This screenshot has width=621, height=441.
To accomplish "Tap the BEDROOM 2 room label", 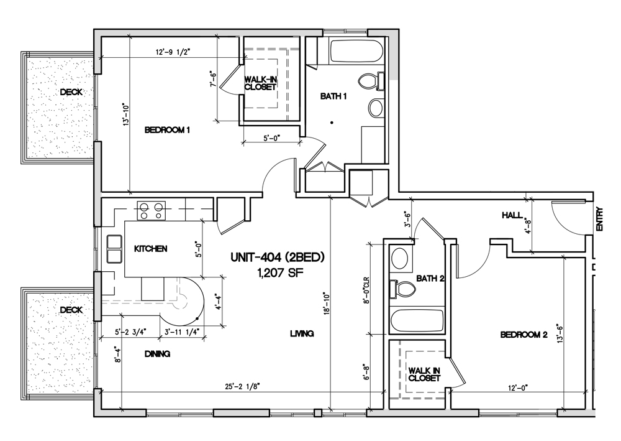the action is (524, 335).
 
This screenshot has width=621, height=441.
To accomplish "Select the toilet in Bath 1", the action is (371, 81).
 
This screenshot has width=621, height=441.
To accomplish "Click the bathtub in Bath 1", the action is (356, 51).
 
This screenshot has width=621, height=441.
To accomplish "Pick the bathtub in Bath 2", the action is (417, 320).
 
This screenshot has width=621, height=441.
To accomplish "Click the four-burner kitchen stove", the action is (152, 210).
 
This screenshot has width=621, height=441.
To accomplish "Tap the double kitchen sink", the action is (114, 249).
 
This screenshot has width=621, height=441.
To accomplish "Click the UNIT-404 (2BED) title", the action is (278, 258).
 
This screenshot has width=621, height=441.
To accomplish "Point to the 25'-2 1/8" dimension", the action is (244, 386).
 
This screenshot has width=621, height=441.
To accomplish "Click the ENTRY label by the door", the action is (599, 220).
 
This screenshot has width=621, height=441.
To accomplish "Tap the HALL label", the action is (512, 215).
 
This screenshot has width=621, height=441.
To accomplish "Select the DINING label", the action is (158, 353).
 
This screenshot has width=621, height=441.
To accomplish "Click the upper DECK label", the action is (71, 92).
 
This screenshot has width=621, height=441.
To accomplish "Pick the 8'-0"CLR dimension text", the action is (366, 290).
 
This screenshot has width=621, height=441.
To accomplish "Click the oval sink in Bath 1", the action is (376, 107).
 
